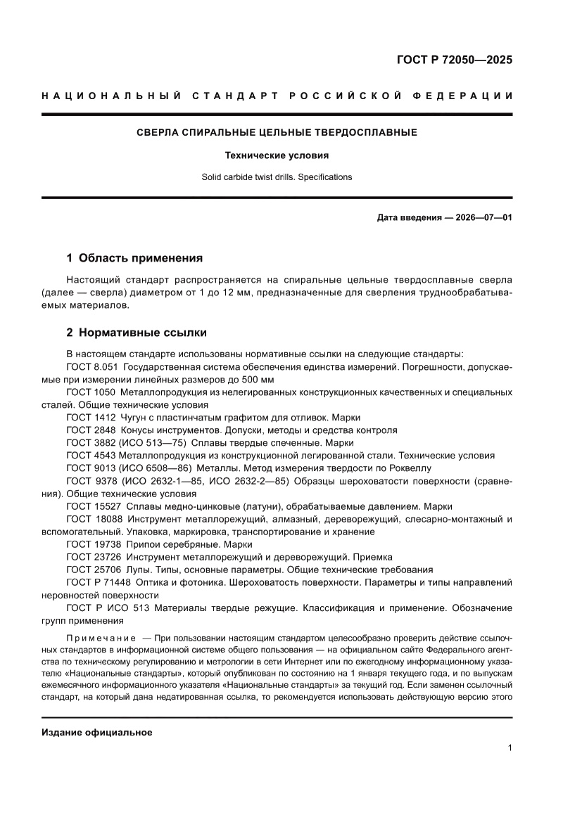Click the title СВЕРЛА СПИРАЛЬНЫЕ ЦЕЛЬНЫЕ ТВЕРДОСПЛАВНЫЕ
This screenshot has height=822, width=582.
[x=277, y=132]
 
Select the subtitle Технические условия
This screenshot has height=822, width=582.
[x=277, y=155]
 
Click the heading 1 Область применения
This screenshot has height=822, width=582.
[x=134, y=257]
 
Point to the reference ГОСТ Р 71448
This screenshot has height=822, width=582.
[x=97, y=582]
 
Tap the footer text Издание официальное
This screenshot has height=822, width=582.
[x=97, y=732]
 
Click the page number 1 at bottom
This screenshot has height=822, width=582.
[x=509, y=747]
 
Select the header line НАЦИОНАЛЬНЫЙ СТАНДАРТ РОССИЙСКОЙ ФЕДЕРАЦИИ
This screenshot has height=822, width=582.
[x=277, y=96]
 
